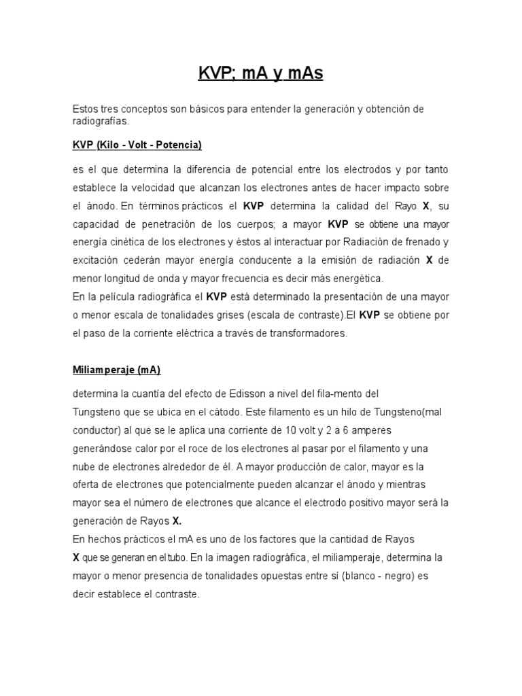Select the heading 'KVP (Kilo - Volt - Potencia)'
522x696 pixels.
point(137,145)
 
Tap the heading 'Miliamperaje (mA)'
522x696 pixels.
point(116,370)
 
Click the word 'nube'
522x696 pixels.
point(84,466)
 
